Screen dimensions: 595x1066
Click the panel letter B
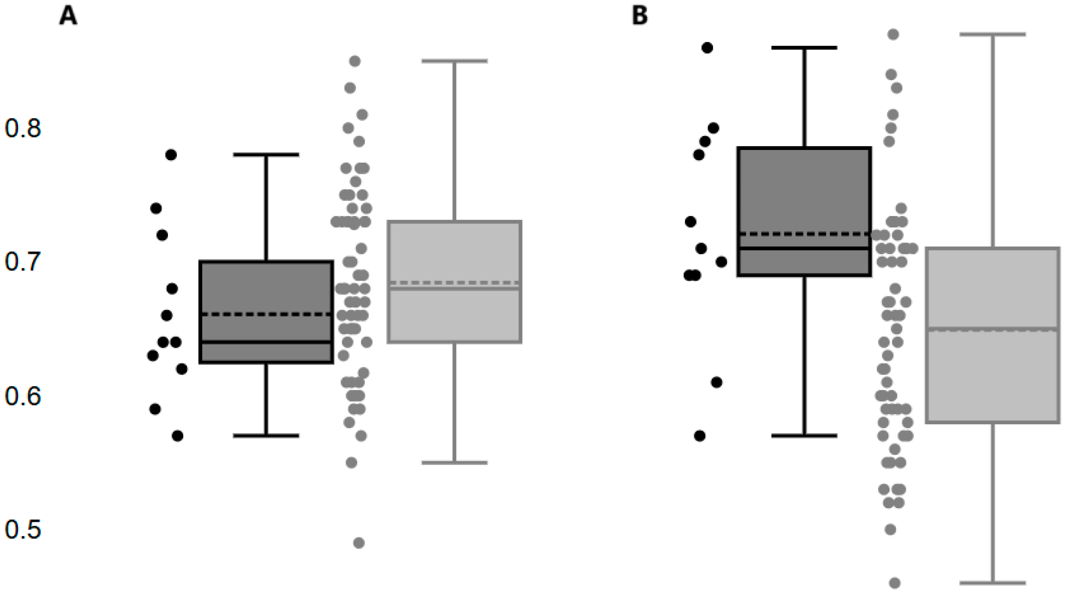pos(640,16)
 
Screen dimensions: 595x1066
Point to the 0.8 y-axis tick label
pos(23,128)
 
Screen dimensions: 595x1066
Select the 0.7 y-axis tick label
pos(23,262)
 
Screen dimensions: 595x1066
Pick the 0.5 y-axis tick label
pos(23,530)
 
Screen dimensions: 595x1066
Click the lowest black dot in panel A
pos(177,436)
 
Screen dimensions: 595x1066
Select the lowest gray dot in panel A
pos(359,543)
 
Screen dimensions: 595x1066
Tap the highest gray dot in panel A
pos(355,61)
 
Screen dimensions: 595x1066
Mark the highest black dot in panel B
pos(708,48)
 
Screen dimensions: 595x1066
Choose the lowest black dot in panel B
pos(700,436)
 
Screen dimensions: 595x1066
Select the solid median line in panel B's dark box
pos(804,248)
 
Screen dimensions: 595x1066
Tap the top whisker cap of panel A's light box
pos(455,61)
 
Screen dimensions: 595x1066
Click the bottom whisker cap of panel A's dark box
pos(266,436)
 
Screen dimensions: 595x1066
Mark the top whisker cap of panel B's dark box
pos(804,48)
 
